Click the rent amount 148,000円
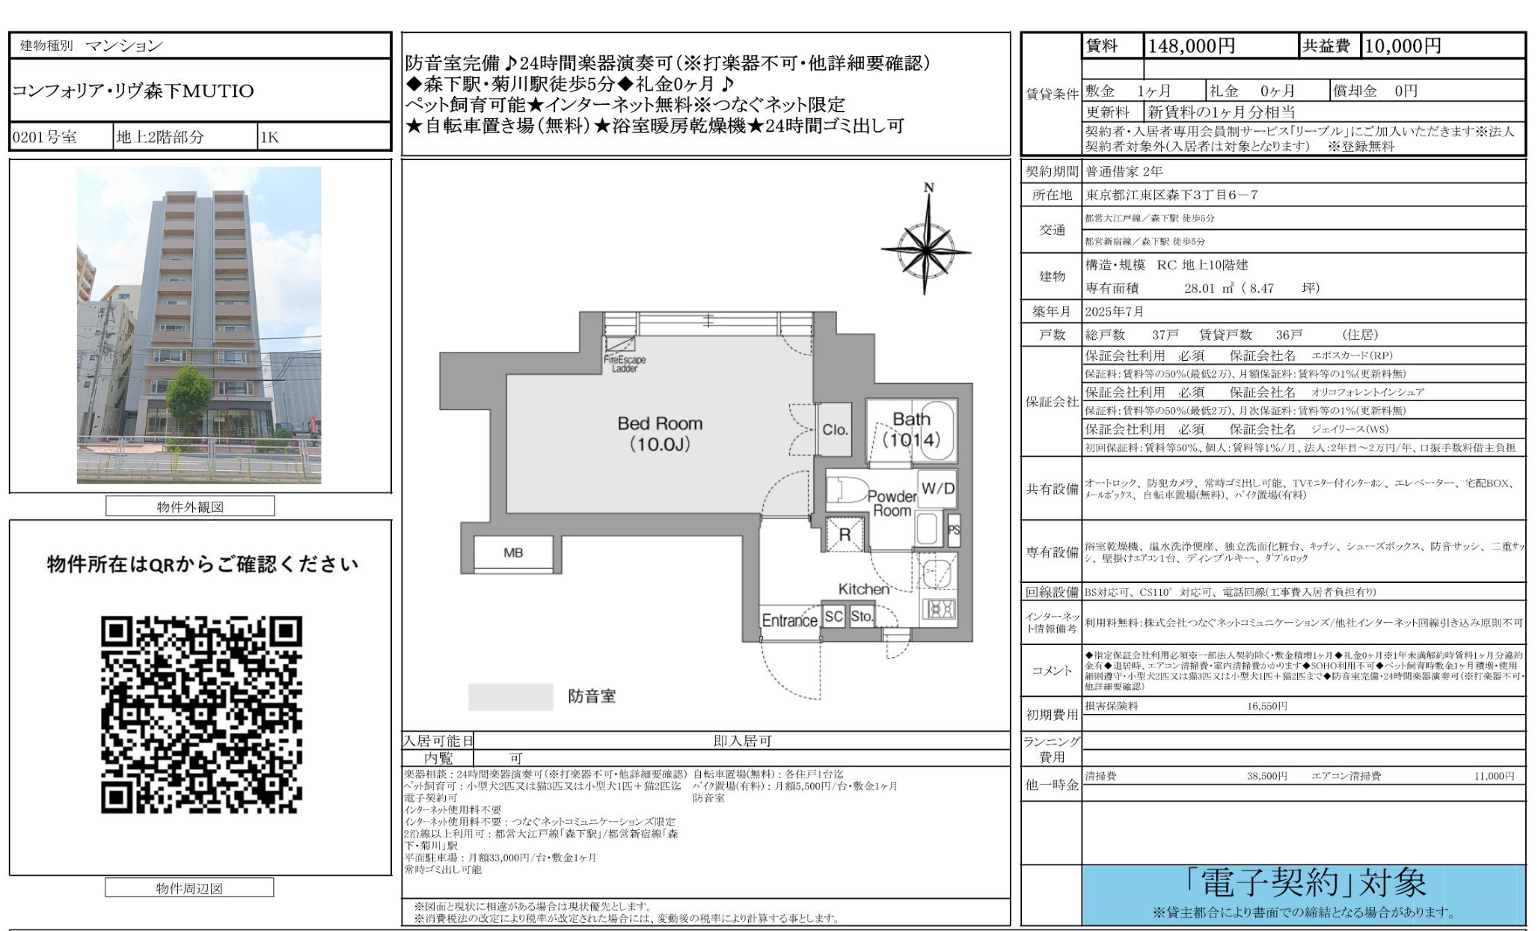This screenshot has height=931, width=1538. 1190,46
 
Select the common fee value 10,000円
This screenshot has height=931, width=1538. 1402,46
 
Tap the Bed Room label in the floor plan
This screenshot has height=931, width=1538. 660,433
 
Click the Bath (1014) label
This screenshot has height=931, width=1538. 911,430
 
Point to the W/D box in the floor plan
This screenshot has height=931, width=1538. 937,489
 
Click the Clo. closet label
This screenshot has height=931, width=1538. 835,430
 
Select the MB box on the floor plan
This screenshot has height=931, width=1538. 513,553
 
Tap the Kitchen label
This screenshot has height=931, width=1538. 863,589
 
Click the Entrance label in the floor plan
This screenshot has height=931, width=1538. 789,620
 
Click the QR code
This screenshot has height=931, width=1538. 201,715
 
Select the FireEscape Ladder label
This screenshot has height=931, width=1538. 625,364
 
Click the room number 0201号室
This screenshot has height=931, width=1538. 45,138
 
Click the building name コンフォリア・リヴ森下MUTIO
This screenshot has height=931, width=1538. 133,91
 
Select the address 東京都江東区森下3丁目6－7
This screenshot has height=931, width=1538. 1171,195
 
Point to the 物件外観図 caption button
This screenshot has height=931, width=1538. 190,507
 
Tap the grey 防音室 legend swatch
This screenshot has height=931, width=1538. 510,697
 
